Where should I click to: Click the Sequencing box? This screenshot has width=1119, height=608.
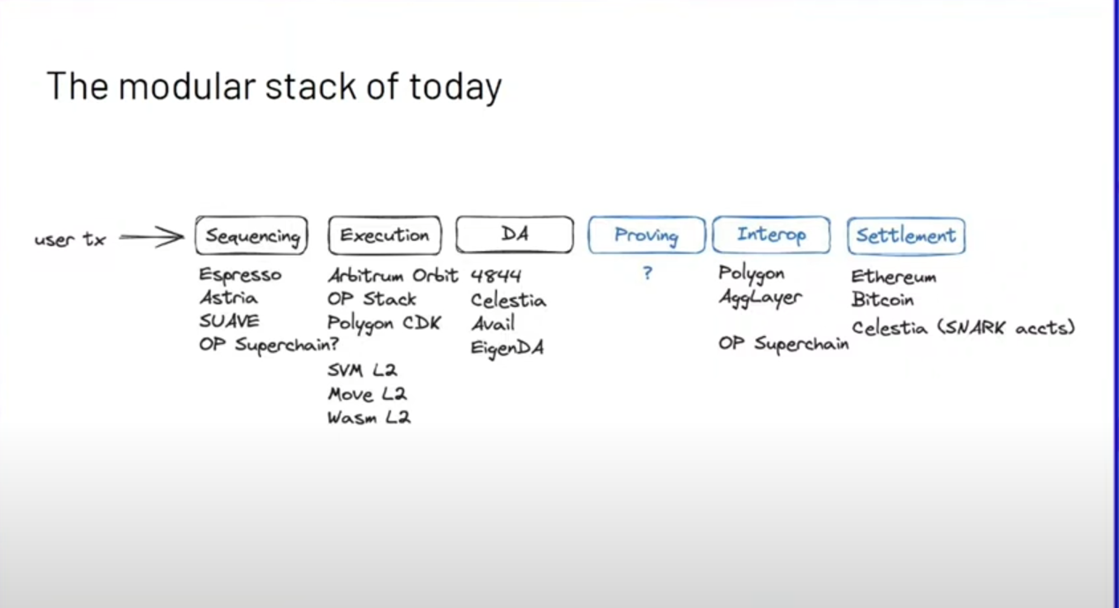tap(252, 235)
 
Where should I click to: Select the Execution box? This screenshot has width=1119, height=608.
tap(385, 235)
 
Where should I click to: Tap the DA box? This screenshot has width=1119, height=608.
tap(515, 235)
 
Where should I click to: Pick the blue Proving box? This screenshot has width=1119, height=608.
tap(646, 235)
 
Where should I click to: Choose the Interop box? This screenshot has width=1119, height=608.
tap(772, 235)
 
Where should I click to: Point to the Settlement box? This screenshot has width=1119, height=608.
tap(906, 236)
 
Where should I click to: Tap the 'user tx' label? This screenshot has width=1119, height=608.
tap(70, 239)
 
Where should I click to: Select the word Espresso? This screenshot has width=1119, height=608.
tap(241, 275)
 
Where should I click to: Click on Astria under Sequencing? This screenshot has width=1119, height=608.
tap(229, 298)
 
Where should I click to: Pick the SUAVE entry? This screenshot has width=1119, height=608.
tap(229, 321)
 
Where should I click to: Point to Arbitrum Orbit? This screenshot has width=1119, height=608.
tap(393, 276)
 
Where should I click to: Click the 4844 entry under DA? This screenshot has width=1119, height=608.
tap(496, 276)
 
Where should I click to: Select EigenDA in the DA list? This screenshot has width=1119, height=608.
tap(507, 348)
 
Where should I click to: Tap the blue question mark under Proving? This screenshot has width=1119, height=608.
tap(647, 273)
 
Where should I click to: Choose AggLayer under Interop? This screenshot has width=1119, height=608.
tap(761, 298)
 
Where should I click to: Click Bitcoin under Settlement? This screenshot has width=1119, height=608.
tap(883, 300)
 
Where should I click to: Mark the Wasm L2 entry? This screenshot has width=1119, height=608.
tap(369, 417)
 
